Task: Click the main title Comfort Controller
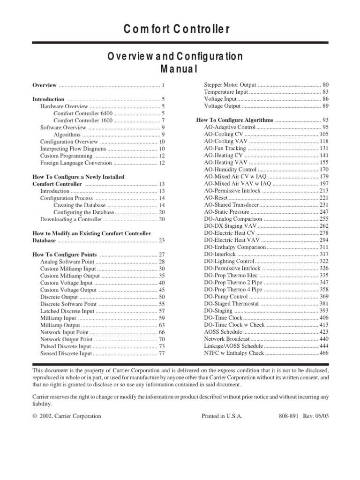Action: pos(177,29)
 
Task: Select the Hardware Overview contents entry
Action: pos(64,106)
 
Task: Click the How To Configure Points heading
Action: pos(64,255)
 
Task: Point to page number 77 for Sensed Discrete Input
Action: pos(162,353)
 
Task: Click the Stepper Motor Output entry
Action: pos(230,85)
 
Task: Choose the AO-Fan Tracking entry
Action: pos(226,148)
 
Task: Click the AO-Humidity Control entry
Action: pos(230,170)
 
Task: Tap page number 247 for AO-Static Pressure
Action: pos(324,212)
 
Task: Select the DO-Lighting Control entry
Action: pos(229,261)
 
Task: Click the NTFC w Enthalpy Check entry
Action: pos(234,353)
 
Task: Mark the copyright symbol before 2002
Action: pos(34,416)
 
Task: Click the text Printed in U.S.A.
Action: pos(222,416)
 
